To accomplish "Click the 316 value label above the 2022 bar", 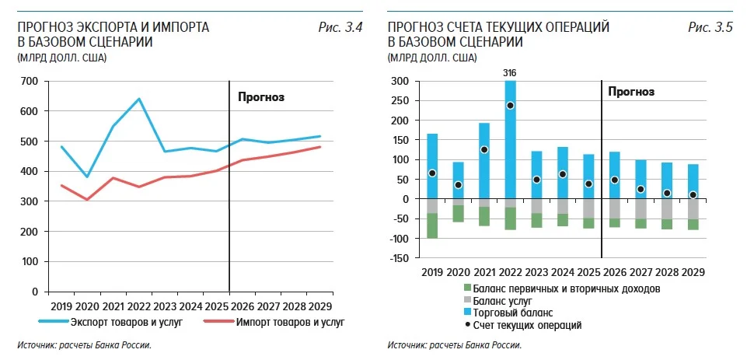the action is [x=510, y=73].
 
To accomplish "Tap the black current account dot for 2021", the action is [x=483, y=150].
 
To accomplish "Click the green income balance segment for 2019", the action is [x=432, y=225].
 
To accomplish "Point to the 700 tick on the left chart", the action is [x=30, y=82].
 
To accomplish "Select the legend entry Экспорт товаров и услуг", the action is [x=110, y=322].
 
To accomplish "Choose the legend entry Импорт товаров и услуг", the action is [x=274, y=322].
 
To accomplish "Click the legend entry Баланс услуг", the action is [x=497, y=302].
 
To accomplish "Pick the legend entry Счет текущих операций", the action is [x=522, y=326].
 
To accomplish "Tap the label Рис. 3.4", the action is [x=340, y=27].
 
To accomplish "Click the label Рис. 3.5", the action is [x=710, y=27].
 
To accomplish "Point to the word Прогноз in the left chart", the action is [x=262, y=97].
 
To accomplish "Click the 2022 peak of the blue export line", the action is [x=139, y=99].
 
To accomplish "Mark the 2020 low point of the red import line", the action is [x=87, y=199].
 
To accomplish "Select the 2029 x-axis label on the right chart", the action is [x=692, y=272].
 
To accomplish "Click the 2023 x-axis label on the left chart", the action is [x=165, y=306].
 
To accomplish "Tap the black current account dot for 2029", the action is [x=692, y=195].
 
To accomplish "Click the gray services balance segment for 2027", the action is [x=640, y=209].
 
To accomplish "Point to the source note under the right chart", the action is [x=455, y=345].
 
